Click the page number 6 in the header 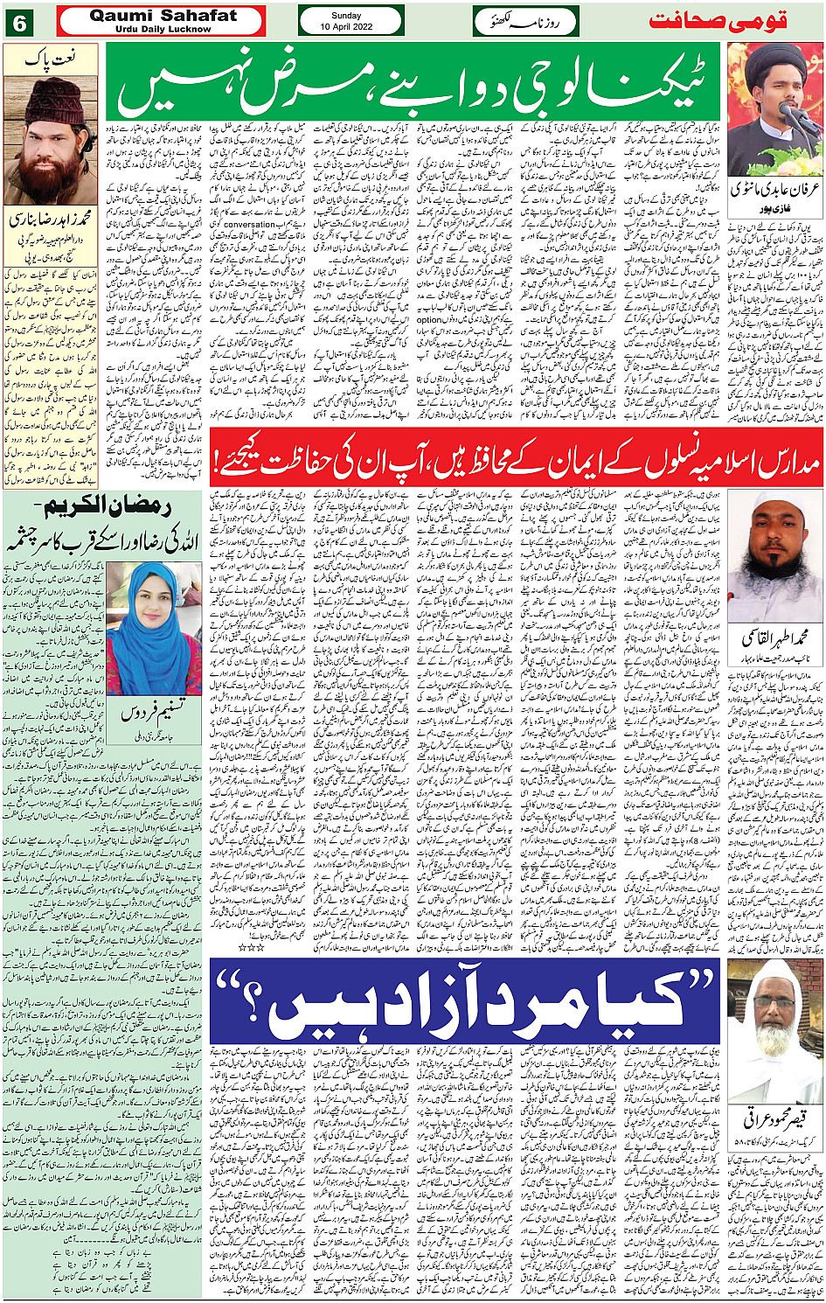[x=19, y=21]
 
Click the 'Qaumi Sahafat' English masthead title [x=163, y=16]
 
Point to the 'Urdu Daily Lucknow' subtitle [x=163, y=29]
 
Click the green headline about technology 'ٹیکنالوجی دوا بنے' [x=416, y=84]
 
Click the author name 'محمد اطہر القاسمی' [x=774, y=637]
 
